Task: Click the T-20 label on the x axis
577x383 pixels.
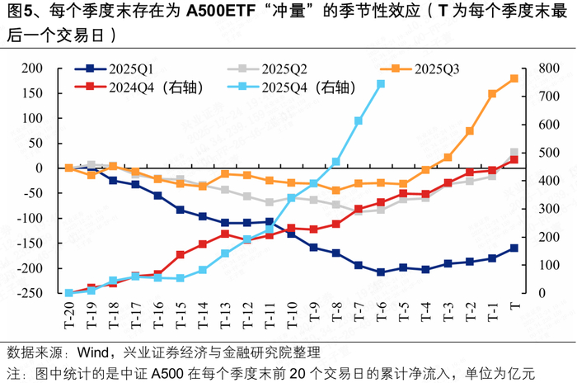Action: (x=69, y=314)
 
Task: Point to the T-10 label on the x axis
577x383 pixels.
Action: (x=292, y=314)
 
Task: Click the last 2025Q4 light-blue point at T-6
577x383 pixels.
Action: (x=381, y=83)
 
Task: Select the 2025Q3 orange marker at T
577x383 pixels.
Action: (x=514, y=78)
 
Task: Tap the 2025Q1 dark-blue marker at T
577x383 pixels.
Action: (x=514, y=248)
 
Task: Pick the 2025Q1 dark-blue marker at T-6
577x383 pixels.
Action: (x=381, y=272)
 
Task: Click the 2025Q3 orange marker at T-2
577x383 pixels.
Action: (x=470, y=130)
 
